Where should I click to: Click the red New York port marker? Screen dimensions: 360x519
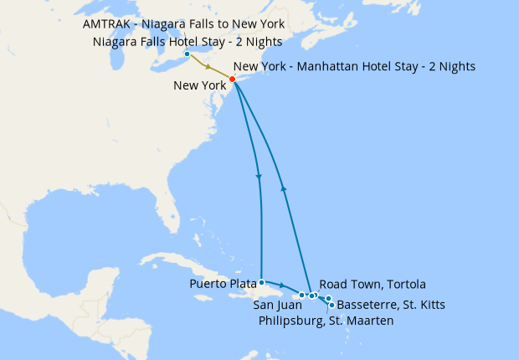coord(232,80)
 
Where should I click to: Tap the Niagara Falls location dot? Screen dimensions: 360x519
coord(186,55)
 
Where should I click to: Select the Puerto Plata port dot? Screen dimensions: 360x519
coord(262,282)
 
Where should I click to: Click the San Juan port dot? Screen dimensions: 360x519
coord(302,296)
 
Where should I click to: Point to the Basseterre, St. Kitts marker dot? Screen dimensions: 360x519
coord(331,305)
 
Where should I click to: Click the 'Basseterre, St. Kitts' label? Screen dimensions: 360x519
coord(390,305)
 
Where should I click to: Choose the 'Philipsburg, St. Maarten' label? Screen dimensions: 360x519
coord(326,321)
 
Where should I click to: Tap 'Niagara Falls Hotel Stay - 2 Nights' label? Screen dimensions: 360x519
coord(188,42)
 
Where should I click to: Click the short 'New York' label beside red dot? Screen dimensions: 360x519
coord(199,85)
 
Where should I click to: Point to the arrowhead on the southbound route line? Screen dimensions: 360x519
coord(259,177)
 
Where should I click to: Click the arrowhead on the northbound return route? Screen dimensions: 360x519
coord(285,188)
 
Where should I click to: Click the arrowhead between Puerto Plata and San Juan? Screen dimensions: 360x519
coord(282,287)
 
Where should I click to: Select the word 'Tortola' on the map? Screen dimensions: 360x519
coord(405,284)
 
